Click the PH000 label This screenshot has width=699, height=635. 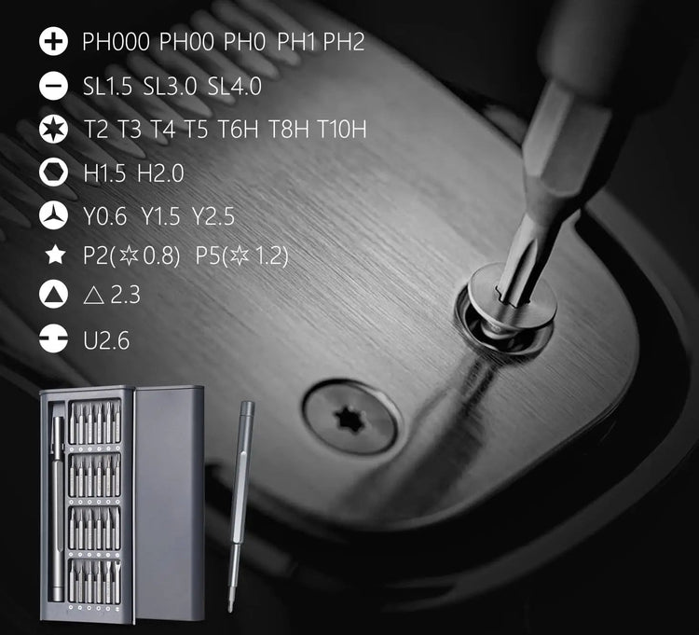point(116,41)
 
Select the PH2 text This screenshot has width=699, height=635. point(343,41)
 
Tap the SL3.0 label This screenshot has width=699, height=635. point(170,86)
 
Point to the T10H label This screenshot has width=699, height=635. point(342,129)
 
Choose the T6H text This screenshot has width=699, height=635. point(238,129)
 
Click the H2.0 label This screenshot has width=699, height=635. point(160,173)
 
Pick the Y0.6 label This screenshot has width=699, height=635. point(105,216)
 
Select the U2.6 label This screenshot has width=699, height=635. point(106,340)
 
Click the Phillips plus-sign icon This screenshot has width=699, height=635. point(53,41)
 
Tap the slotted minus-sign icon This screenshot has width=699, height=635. point(53,85)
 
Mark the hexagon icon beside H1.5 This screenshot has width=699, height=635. point(53,173)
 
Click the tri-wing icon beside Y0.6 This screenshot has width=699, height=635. point(53,215)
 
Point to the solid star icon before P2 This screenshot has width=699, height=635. point(55,255)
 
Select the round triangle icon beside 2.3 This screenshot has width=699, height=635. point(53,295)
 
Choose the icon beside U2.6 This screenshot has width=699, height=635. point(53,338)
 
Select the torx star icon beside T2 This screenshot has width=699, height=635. point(53,129)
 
